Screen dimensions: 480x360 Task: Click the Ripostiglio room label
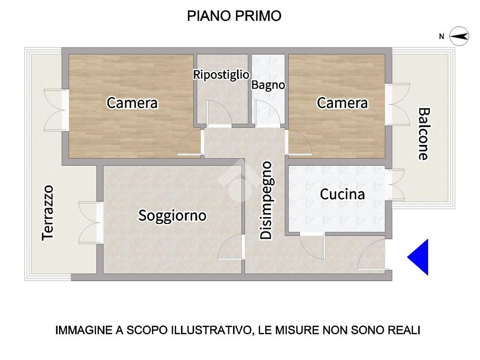pos(221,75)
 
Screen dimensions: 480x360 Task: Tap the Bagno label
pos(268,85)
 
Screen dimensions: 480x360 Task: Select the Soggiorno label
pos(172,216)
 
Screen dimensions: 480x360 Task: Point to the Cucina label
pos(342,194)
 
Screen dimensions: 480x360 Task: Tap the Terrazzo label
pos(48,213)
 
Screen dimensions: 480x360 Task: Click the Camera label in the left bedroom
pos(132,103)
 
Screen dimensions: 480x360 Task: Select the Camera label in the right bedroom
pos(342,103)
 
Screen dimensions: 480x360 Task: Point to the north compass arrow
pos(459,37)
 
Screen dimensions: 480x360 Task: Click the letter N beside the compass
pos(442,37)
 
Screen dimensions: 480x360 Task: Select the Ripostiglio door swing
pos(219,112)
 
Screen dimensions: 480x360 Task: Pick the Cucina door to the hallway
pos(312,246)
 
